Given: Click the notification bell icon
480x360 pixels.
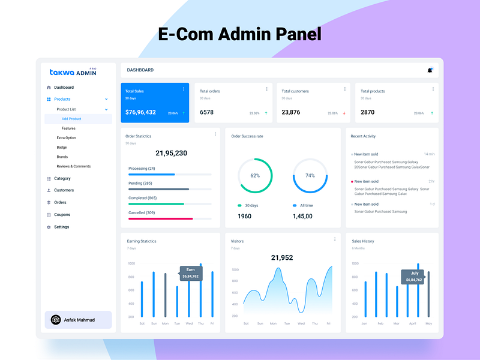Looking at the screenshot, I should (x=430, y=70).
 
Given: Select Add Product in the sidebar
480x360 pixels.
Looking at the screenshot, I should (x=71, y=119).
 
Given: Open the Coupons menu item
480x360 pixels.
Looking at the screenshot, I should (x=62, y=214).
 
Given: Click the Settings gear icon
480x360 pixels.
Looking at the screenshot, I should (x=49, y=227).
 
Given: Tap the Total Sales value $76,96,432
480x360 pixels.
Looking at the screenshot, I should (x=140, y=112).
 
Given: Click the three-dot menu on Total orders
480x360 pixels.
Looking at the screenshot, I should (x=266, y=89).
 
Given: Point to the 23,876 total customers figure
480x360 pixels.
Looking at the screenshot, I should (x=291, y=112).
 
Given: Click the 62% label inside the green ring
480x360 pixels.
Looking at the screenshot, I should (x=255, y=176).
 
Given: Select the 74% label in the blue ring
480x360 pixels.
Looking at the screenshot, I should (x=310, y=176).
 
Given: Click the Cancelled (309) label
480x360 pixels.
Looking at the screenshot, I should (x=142, y=212).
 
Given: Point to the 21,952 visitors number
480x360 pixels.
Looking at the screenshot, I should (x=282, y=257).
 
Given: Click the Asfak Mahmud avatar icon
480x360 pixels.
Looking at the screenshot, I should (x=56, y=320).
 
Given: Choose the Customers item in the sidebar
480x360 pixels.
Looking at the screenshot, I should (x=64, y=190).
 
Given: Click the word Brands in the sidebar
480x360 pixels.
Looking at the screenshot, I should (x=62, y=157).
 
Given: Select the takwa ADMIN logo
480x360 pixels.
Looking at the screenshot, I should (x=73, y=72).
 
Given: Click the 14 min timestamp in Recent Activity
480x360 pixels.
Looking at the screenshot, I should (x=429, y=154).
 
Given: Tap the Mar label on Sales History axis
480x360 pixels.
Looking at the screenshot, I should (x=397, y=323).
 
